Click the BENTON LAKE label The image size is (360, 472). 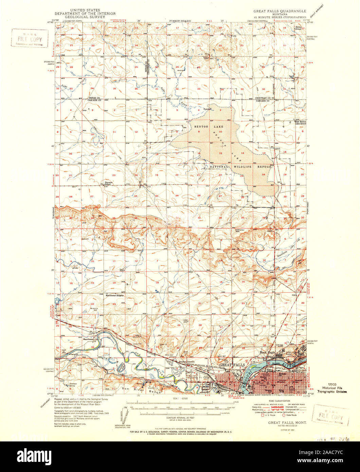(x=205, y=126)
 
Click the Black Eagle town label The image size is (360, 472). (x=267, y=353)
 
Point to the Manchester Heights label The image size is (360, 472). (x=114, y=295)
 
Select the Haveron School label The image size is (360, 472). (x=108, y=183)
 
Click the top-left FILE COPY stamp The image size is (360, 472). (x=30, y=39)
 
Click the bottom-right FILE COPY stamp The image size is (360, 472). (x=330, y=415)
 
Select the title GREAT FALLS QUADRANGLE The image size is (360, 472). (x=280, y=11)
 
